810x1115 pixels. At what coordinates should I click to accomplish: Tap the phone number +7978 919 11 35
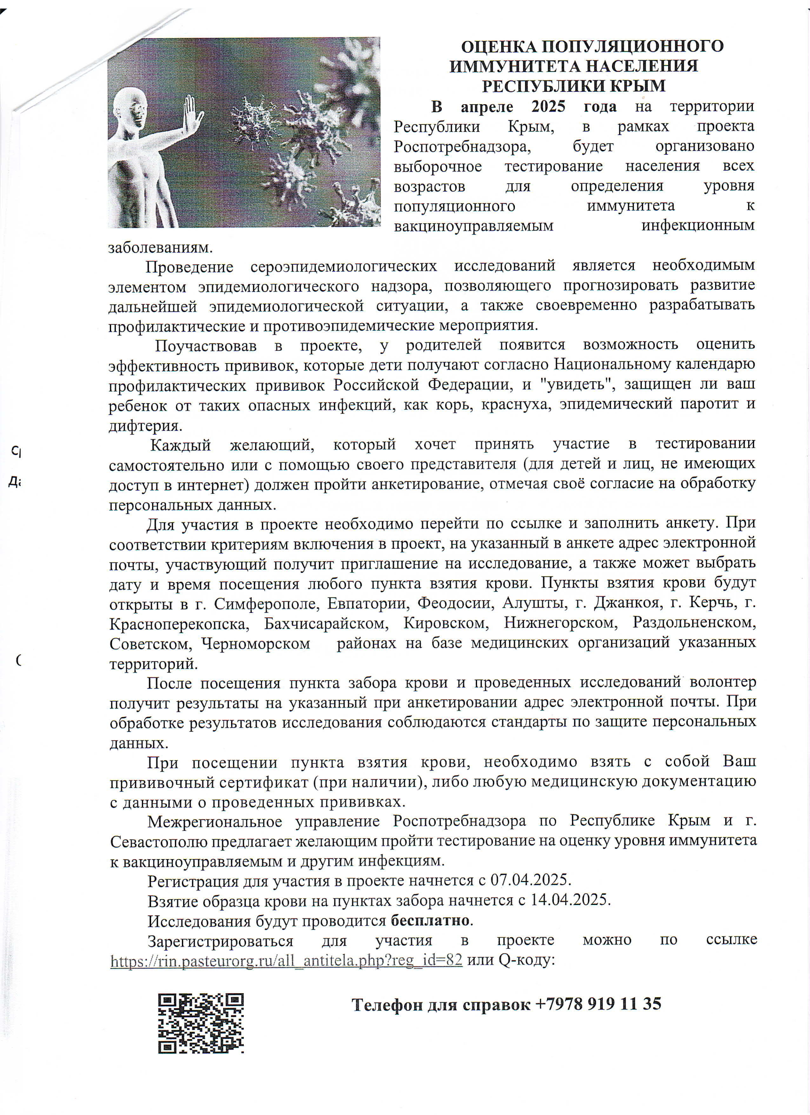point(597,1003)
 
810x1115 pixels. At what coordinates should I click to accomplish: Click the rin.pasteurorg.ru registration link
point(286,960)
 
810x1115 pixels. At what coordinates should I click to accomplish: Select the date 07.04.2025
point(530,879)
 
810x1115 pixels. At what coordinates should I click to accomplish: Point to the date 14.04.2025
point(569,900)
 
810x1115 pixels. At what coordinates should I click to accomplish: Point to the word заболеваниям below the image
point(160,247)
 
